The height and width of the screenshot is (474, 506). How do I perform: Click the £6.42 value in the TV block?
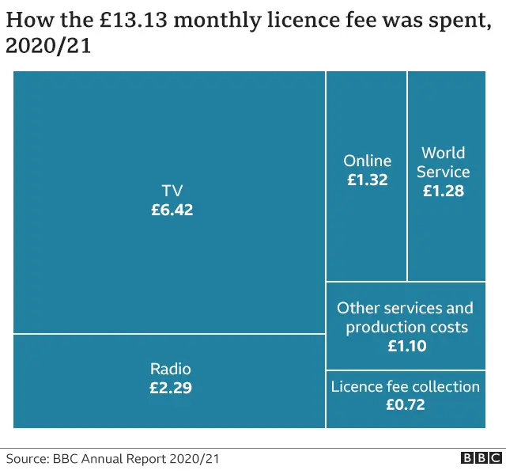pyautogui.click(x=172, y=210)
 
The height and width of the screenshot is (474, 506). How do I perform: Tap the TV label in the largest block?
pyautogui.click(x=172, y=191)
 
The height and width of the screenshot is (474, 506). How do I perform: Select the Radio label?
pyautogui.click(x=171, y=369)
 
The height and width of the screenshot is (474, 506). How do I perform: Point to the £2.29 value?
pyautogui.click(x=171, y=389)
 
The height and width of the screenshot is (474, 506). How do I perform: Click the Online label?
pyautogui.click(x=367, y=161)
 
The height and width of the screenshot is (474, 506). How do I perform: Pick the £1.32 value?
pyautogui.click(x=367, y=180)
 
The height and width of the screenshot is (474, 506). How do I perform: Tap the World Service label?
pyautogui.click(x=443, y=162)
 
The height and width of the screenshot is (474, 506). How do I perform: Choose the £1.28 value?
pyautogui.click(x=443, y=191)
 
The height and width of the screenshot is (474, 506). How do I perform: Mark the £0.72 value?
pyautogui.click(x=406, y=405)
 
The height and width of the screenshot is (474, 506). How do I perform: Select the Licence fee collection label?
pyautogui.click(x=406, y=386)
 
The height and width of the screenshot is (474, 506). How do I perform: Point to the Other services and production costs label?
pyautogui.click(x=406, y=317)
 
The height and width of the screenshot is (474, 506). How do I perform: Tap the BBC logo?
pyautogui.click(x=481, y=458)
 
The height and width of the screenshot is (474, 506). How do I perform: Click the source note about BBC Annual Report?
pyautogui.click(x=112, y=459)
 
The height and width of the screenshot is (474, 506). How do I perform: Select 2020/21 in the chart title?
pyautogui.click(x=48, y=46)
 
